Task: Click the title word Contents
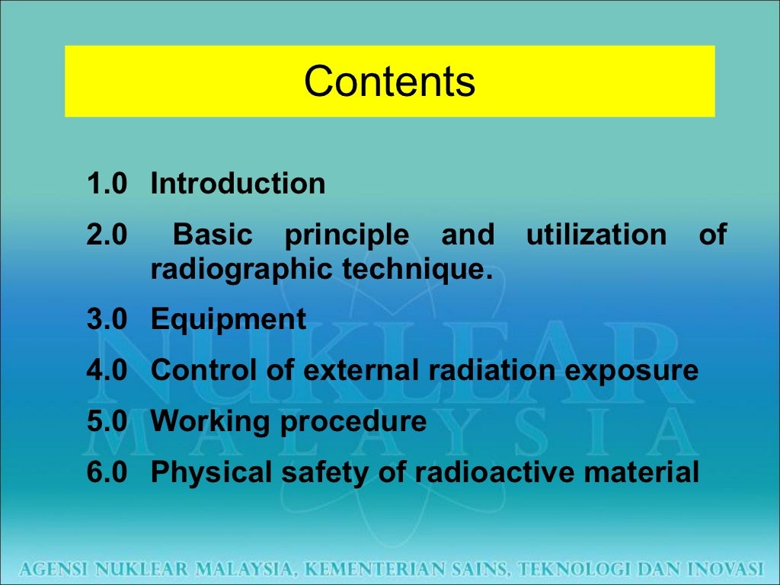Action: click(x=389, y=82)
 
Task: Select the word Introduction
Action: click(x=238, y=184)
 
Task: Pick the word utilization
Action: click(x=596, y=235)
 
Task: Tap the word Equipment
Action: click(x=229, y=319)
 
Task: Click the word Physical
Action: click(x=203, y=472)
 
